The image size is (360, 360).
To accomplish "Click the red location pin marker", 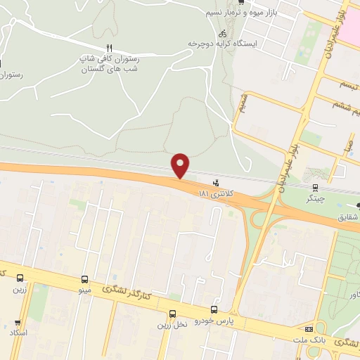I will pyautogui.click(x=181, y=166).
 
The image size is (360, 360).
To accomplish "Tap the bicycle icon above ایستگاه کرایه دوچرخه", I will pyautogui.click(x=222, y=33).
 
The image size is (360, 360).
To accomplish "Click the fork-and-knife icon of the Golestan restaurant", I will pyautogui.click(x=108, y=49).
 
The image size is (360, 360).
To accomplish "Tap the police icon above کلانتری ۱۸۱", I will pyautogui.click(x=205, y=184).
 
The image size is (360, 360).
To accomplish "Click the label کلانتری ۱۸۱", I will pyautogui.click(x=214, y=193).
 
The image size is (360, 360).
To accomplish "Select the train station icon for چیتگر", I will pyautogui.click(x=316, y=187).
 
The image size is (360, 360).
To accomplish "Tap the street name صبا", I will pyautogui.click(x=346, y=146).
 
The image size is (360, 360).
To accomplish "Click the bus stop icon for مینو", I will pyautogui.click(x=85, y=278).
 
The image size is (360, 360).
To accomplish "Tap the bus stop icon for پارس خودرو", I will pyautogui.click(x=214, y=309).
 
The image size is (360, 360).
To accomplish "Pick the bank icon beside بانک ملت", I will pyautogui.click(x=309, y=330).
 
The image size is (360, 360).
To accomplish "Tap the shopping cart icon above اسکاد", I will pyautogui.click(x=15, y=321).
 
